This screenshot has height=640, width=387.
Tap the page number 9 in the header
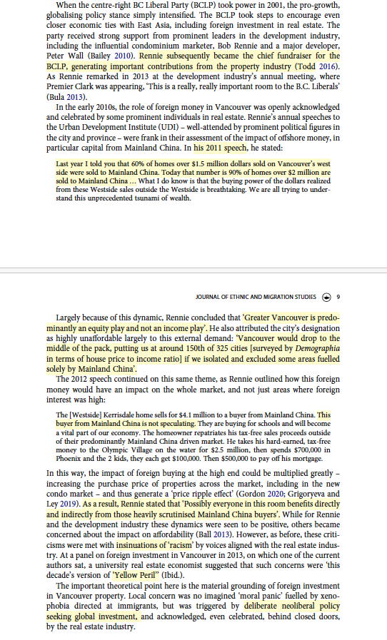(x=338, y=297)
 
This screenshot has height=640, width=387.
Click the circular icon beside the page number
(x=326, y=297)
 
